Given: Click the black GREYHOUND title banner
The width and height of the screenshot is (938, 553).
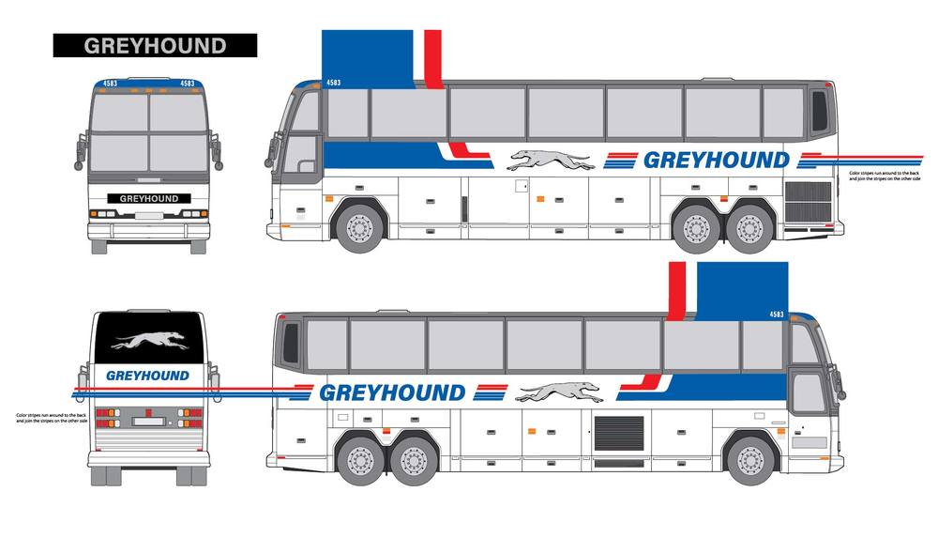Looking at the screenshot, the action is (155, 45).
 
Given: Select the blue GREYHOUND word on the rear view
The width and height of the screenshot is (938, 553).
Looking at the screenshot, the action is (147, 376).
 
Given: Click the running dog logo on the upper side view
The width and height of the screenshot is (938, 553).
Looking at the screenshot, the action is (552, 161).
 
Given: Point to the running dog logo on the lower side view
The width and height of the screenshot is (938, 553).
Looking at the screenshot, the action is (559, 392).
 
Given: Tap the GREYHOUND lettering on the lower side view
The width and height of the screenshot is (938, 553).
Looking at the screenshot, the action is (392, 392).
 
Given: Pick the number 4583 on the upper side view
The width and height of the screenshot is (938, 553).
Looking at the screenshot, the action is (333, 83).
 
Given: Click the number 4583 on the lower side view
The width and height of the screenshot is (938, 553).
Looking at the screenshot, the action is (777, 314).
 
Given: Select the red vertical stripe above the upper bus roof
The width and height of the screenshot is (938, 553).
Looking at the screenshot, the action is (433, 58).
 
